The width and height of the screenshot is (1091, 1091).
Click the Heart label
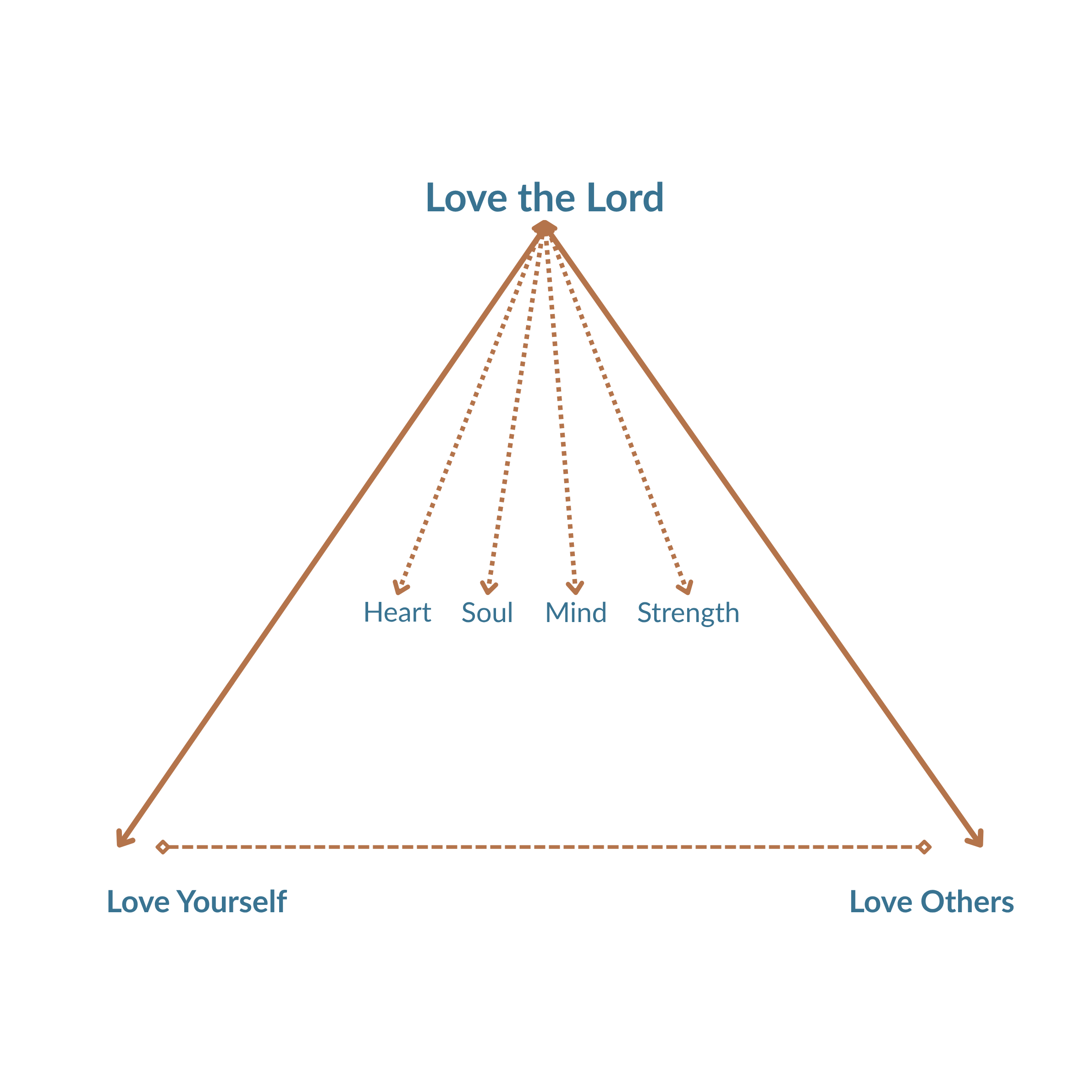(x=397, y=613)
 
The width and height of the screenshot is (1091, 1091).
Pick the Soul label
(x=487, y=613)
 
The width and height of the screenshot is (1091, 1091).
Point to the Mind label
(x=575, y=613)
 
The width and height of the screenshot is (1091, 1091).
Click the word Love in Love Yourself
(x=138, y=902)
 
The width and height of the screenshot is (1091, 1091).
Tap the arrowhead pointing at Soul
(x=489, y=589)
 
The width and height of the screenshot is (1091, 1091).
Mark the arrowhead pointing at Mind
(x=575, y=589)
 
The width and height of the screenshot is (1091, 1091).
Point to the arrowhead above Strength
(x=686, y=589)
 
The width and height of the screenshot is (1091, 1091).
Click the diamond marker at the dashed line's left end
(x=163, y=847)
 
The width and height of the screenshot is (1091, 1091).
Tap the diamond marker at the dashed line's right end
(x=925, y=847)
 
